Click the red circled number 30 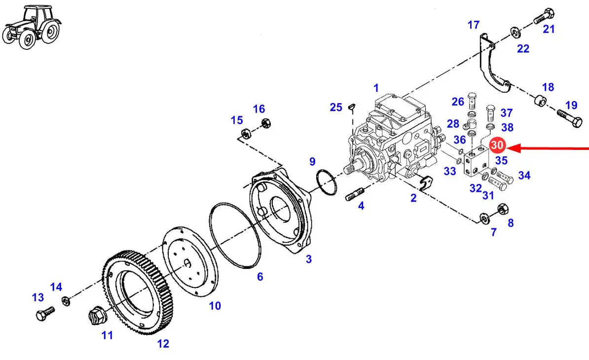(497, 145)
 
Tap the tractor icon (32, 27)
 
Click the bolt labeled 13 (45, 314)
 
